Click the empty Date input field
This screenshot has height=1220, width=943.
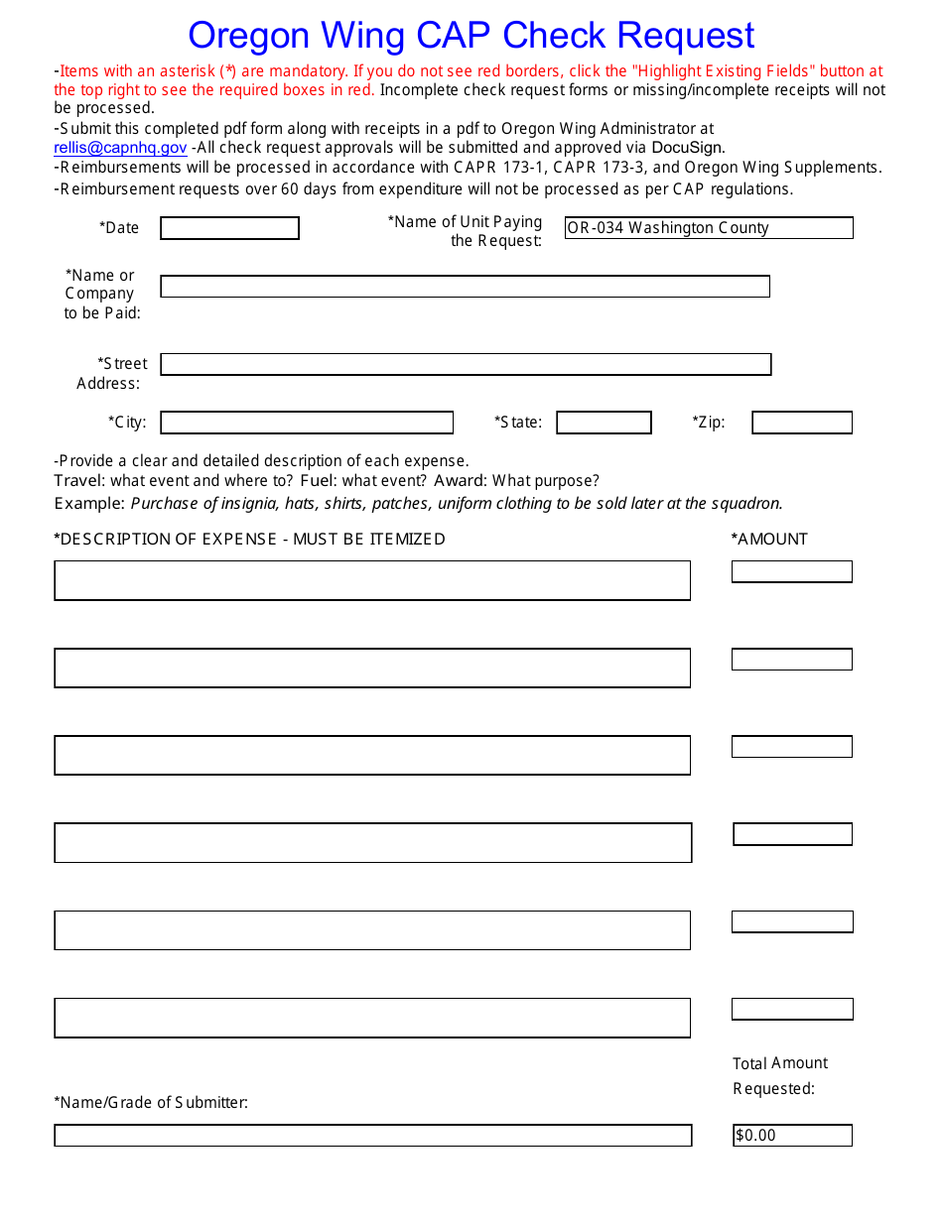point(229,228)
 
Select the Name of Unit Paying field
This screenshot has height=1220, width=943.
point(708,228)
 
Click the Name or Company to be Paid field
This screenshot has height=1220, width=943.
point(465,287)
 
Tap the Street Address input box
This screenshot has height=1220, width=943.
point(465,364)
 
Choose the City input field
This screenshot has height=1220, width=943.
point(307,423)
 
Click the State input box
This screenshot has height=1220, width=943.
point(604,423)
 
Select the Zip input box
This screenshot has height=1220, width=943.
point(801,423)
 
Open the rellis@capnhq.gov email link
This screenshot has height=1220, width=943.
point(120,148)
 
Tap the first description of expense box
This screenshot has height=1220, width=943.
point(372,580)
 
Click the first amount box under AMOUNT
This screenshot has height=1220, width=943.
point(791,571)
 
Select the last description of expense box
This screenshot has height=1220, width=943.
point(372,1018)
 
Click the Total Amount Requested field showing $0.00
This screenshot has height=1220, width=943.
point(791,1135)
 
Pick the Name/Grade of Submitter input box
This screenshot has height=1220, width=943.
point(372,1135)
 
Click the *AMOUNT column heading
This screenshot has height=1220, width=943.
point(769,539)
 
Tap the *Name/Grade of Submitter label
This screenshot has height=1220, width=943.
point(151,1102)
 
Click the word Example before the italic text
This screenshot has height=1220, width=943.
point(89,503)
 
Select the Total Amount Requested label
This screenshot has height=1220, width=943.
point(780,1075)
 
